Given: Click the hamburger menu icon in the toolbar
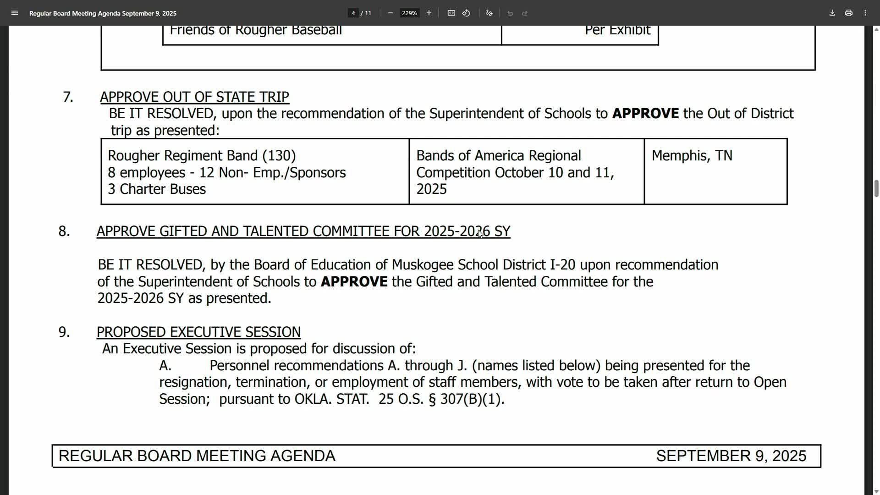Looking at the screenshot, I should tap(15, 13).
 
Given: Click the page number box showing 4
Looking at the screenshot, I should tap(353, 13).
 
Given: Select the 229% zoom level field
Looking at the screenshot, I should tap(409, 13).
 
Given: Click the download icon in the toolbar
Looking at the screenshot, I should tap(832, 13).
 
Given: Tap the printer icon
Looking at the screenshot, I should tap(849, 13).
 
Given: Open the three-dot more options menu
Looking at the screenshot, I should tap(865, 13).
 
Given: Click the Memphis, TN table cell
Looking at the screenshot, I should tap(692, 156).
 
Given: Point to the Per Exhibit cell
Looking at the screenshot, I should tap(617, 30).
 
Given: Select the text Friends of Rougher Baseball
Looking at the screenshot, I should tap(256, 30).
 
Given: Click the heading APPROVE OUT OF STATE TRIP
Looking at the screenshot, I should tap(194, 97).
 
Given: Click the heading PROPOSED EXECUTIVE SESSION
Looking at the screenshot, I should tap(198, 332).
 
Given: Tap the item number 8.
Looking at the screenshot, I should tap(64, 231).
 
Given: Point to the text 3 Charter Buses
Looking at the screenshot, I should tap(157, 189).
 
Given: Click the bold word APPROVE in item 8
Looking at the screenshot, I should tap(354, 281).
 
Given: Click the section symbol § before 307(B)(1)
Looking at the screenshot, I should tap(432, 399).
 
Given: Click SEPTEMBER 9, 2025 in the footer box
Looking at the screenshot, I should tap(731, 456).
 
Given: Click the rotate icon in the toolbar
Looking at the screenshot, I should tap(466, 13).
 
